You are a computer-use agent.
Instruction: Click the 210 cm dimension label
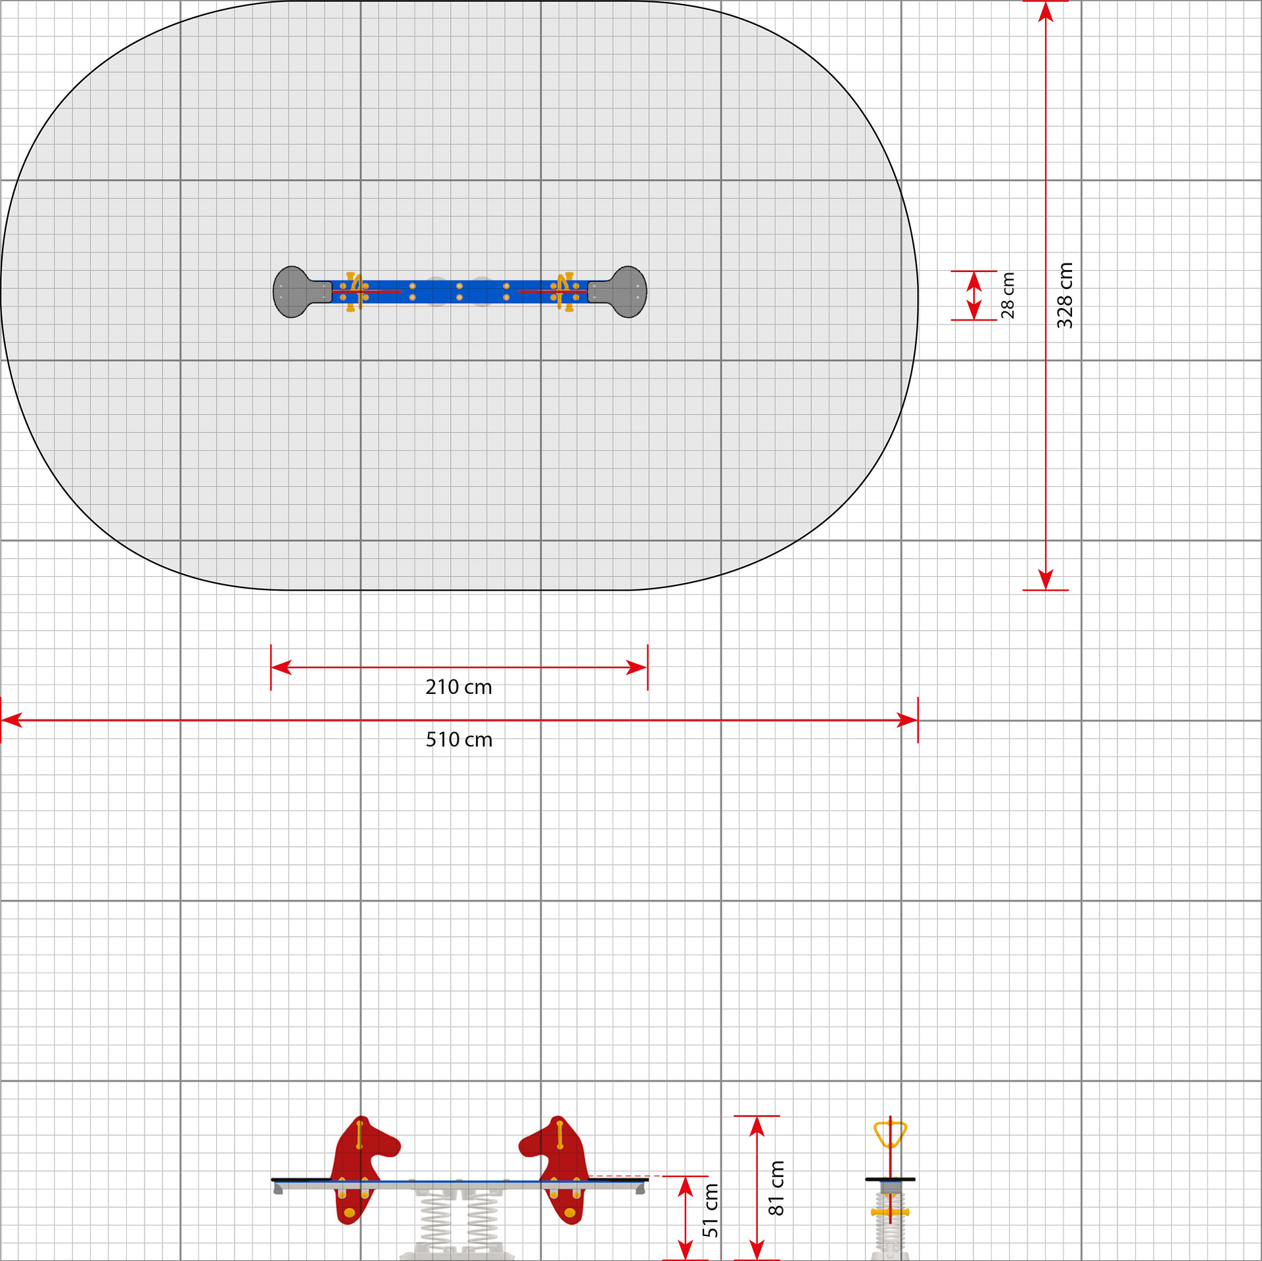click(459, 687)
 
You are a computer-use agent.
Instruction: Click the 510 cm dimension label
click(459, 740)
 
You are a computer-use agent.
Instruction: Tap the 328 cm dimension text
click(1065, 295)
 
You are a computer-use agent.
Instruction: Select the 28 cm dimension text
click(1008, 295)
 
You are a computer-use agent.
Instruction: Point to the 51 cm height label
click(711, 1210)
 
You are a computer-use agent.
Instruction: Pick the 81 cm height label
click(776, 1188)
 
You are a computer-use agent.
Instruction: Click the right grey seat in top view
click(622, 292)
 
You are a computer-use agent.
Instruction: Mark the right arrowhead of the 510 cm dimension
click(908, 721)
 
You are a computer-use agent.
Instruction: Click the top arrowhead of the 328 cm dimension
click(1046, 12)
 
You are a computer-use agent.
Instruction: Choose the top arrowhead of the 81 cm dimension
click(757, 1126)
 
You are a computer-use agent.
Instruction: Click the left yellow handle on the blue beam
click(353, 292)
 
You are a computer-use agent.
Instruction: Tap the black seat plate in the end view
click(890, 1180)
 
